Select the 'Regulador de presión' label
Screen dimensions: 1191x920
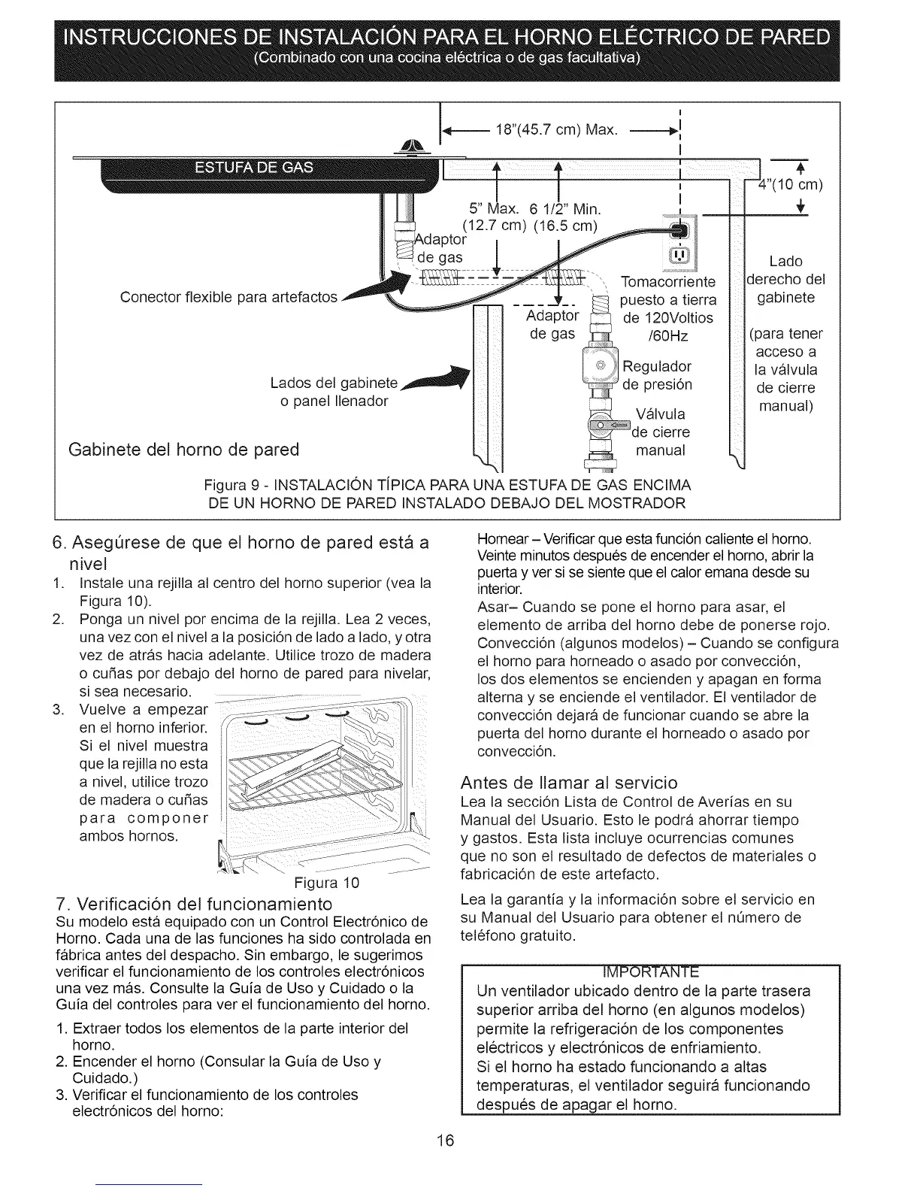coord(657,375)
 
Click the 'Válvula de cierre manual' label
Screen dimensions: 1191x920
coord(661,432)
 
